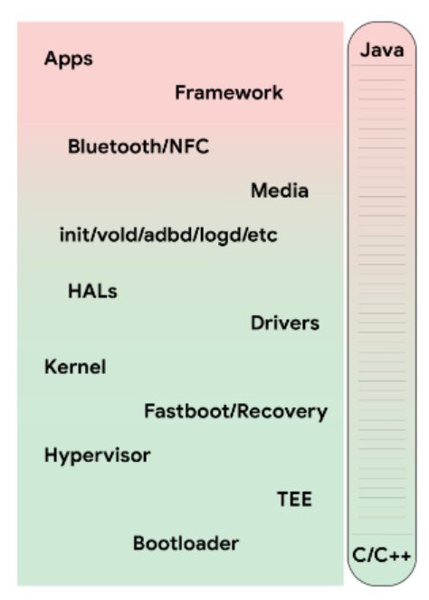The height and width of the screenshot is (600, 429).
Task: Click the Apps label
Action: pyautogui.click(x=69, y=60)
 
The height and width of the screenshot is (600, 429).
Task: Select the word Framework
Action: pyautogui.click(x=229, y=92)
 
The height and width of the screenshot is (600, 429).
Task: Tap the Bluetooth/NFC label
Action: pyautogui.click(x=138, y=146)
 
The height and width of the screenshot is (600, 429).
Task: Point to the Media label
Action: pyautogui.click(x=280, y=191)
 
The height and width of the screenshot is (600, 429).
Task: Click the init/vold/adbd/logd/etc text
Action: pyautogui.click(x=168, y=235)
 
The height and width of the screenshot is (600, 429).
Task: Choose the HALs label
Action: pyautogui.click(x=92, y=291)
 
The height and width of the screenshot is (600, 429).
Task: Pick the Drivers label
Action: pyautogui.click(x=285, y=323)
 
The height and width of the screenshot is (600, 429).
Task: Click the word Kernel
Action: pyautogui.click(x=75, y=367)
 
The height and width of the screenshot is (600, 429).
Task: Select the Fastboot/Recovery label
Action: pyautogui.click(x=236, y=412)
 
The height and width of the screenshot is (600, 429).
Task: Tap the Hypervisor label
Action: pyautogui.click(x=98, y=455)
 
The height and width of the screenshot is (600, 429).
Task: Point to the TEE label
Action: pyautogui.click(x=294, y=500)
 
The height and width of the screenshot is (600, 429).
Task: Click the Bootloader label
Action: pyautogui.click(x=186, y=543)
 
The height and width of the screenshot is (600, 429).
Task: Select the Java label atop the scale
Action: pyautogui.click(x=382, y=50)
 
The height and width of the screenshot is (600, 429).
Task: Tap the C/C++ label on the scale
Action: pyautogui.click(x=381, y=555)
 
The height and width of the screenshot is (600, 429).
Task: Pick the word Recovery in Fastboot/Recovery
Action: pyautogui.click(x=282, y=412)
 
